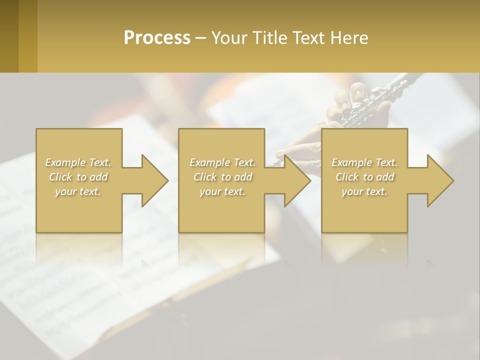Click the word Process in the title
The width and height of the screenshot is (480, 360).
tap(157, 37)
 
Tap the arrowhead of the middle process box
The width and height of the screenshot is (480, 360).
tap(297, 180)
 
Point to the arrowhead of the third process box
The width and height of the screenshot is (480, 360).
tap(440, 180)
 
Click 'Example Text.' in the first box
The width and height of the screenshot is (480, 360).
tap(78, 162)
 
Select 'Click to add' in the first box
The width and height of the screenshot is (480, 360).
tap(78, 177)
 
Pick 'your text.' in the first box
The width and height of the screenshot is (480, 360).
tap(78, 191)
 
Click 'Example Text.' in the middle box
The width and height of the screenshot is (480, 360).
tap(222, 162)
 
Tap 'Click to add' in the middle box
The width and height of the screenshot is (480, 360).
tap(222, 177)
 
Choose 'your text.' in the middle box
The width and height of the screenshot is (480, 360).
tap(222, 191)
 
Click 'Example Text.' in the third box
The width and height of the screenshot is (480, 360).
tap(364, 162)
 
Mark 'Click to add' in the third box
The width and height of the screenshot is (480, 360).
tap(364, 177)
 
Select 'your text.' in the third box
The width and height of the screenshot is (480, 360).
tap(364, 191)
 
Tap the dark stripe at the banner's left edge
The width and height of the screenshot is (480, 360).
tap(9, 36)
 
